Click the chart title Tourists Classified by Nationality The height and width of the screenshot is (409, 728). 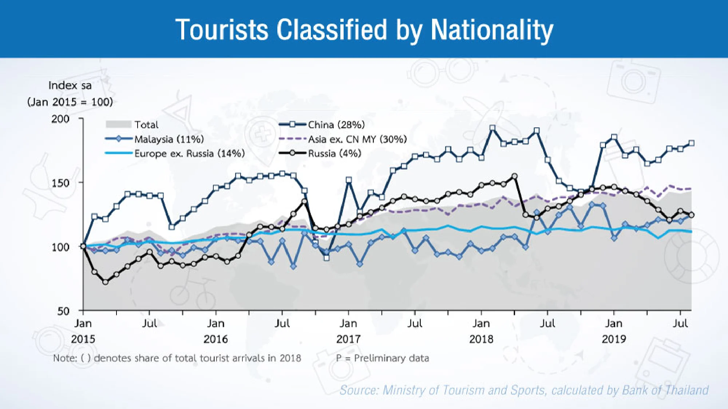point(364,30)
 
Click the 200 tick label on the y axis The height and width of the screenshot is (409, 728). point(60,119)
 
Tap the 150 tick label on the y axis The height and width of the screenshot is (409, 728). point(60,183)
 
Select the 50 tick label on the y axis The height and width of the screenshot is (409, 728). point(63,311)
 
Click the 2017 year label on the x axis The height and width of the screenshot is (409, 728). point(348,339)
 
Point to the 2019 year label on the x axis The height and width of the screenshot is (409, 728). point(614,339)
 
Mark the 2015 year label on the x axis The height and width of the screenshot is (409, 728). point(83,339)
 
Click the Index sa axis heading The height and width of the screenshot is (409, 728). point(70,85)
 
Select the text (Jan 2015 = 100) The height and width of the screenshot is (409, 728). point(70,102)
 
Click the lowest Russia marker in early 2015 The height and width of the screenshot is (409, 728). point(106,282)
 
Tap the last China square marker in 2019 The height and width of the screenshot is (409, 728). point(691,143)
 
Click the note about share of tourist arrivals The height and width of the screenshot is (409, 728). point(177,358)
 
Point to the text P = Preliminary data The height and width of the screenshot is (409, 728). point(383,358)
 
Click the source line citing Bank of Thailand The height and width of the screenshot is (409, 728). point(524,390)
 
